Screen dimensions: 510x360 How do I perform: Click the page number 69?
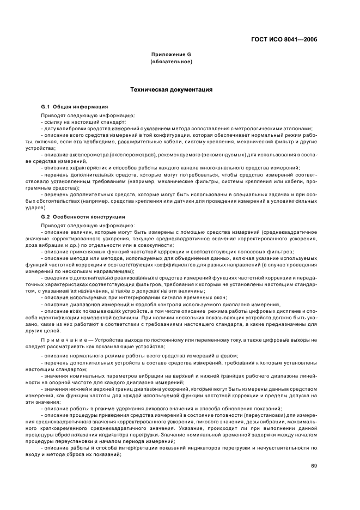pyautogui.click(x=314, y=465)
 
